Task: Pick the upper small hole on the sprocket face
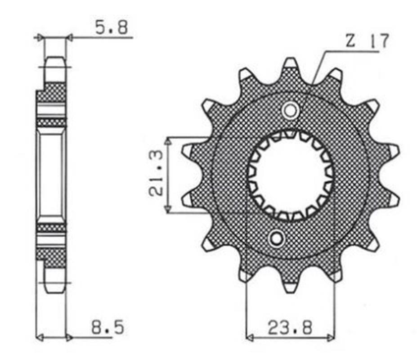(x=290, y=110)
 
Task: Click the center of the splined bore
(x=290, y=175)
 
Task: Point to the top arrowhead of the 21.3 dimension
(x=167, y=140)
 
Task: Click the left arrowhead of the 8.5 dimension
(x=39, y=337)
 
